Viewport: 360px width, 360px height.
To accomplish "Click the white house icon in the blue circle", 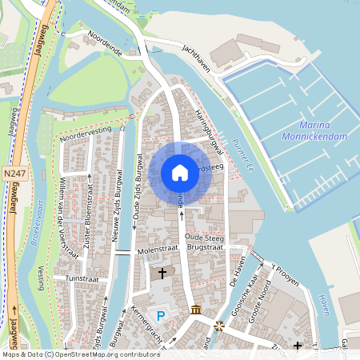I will point(180,173).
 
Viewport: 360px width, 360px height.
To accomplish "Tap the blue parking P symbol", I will point(161,317).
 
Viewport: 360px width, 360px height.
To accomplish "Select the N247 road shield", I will point(14,173).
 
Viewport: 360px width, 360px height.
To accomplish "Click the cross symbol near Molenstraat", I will point(162,274).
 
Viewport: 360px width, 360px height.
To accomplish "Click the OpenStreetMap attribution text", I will point(80,354).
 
